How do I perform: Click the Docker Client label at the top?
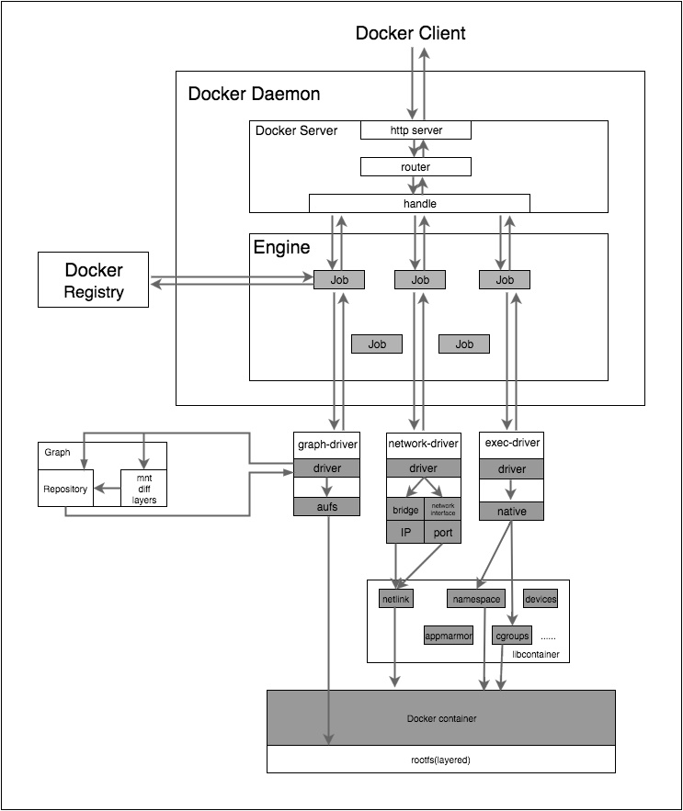click(x=411, y=33)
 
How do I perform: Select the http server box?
click(x=415, y=130)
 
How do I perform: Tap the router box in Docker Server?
click(x=415, y=167)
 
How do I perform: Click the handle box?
click(x=418, y=203)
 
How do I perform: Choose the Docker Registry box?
click(x=93, y=281)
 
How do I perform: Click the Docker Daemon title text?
click(x=254, y=94)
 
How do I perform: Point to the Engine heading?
click(x=281, y=247)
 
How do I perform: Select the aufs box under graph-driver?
click(x=327, y=506)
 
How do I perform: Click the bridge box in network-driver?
click(x=404, y=511)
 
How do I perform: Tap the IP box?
click(x=404, y=533)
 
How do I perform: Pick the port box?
click(x=442, y=533)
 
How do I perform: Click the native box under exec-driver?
click(x=511, y=511)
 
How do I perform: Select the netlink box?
click(x=396, y=599)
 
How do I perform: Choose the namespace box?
click(x=476, y=599)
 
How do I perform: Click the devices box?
click(x=541, y=599)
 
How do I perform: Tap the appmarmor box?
click(x=448, y=635)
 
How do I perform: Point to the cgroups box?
click(x=511, y=635)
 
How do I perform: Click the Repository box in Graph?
click(x=65, y=489)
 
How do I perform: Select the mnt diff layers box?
click(x=144, y=489)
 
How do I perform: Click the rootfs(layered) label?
click(x=440, y=760)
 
